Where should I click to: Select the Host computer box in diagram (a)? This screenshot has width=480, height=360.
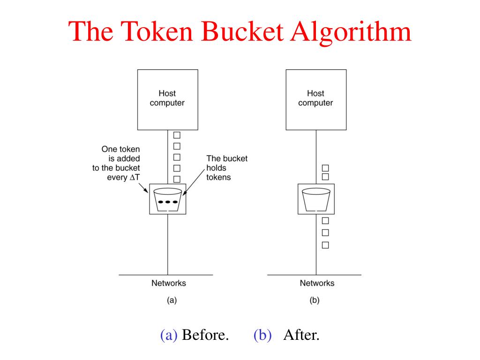167,99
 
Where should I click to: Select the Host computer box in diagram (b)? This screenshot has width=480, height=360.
316,99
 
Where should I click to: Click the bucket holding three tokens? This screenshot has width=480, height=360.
168,199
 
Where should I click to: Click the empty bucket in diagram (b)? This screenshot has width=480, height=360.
316,199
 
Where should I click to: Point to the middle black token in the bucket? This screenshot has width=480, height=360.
168,202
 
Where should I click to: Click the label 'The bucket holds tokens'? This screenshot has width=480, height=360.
226,168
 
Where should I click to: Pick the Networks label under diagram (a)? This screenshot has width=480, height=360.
168,283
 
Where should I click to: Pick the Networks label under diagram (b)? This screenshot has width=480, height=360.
317,283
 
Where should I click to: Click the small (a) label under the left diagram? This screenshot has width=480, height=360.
172,300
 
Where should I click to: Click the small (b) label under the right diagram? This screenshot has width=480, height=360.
315,300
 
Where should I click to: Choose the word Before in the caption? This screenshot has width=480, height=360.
205,335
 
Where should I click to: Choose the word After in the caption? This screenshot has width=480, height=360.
301,335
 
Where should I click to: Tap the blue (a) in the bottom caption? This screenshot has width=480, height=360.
169,335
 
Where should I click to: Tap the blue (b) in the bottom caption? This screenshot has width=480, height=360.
263,335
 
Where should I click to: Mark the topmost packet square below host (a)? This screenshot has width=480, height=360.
177,135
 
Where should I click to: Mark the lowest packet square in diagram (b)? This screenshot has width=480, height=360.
325,245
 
